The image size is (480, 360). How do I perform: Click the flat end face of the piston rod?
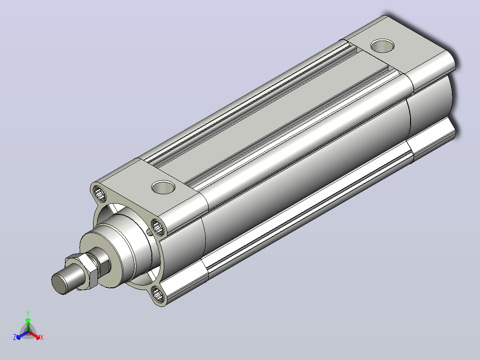coord(59,284)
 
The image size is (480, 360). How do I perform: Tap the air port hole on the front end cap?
coord(163,187)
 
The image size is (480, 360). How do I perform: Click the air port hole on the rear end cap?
coord(382,46)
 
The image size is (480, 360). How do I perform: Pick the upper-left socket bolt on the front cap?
coord(99,193)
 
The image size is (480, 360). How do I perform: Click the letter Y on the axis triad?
coord(28,313)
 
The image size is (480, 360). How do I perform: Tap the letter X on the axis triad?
coord(42,337)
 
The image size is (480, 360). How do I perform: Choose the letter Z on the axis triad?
coord(15,337)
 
